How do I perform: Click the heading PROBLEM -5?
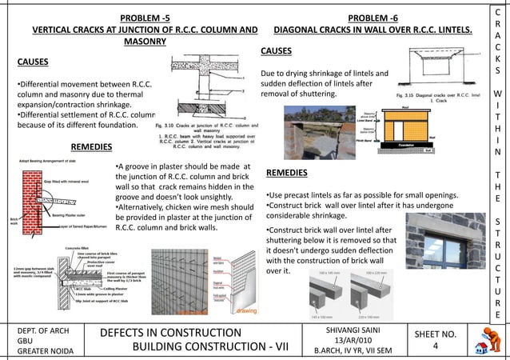(145, 18)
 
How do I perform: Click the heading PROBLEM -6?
(373, 18)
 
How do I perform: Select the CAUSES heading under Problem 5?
(33, 62)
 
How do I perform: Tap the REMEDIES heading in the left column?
(92, 147)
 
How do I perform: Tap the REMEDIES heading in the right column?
(287, 173)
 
